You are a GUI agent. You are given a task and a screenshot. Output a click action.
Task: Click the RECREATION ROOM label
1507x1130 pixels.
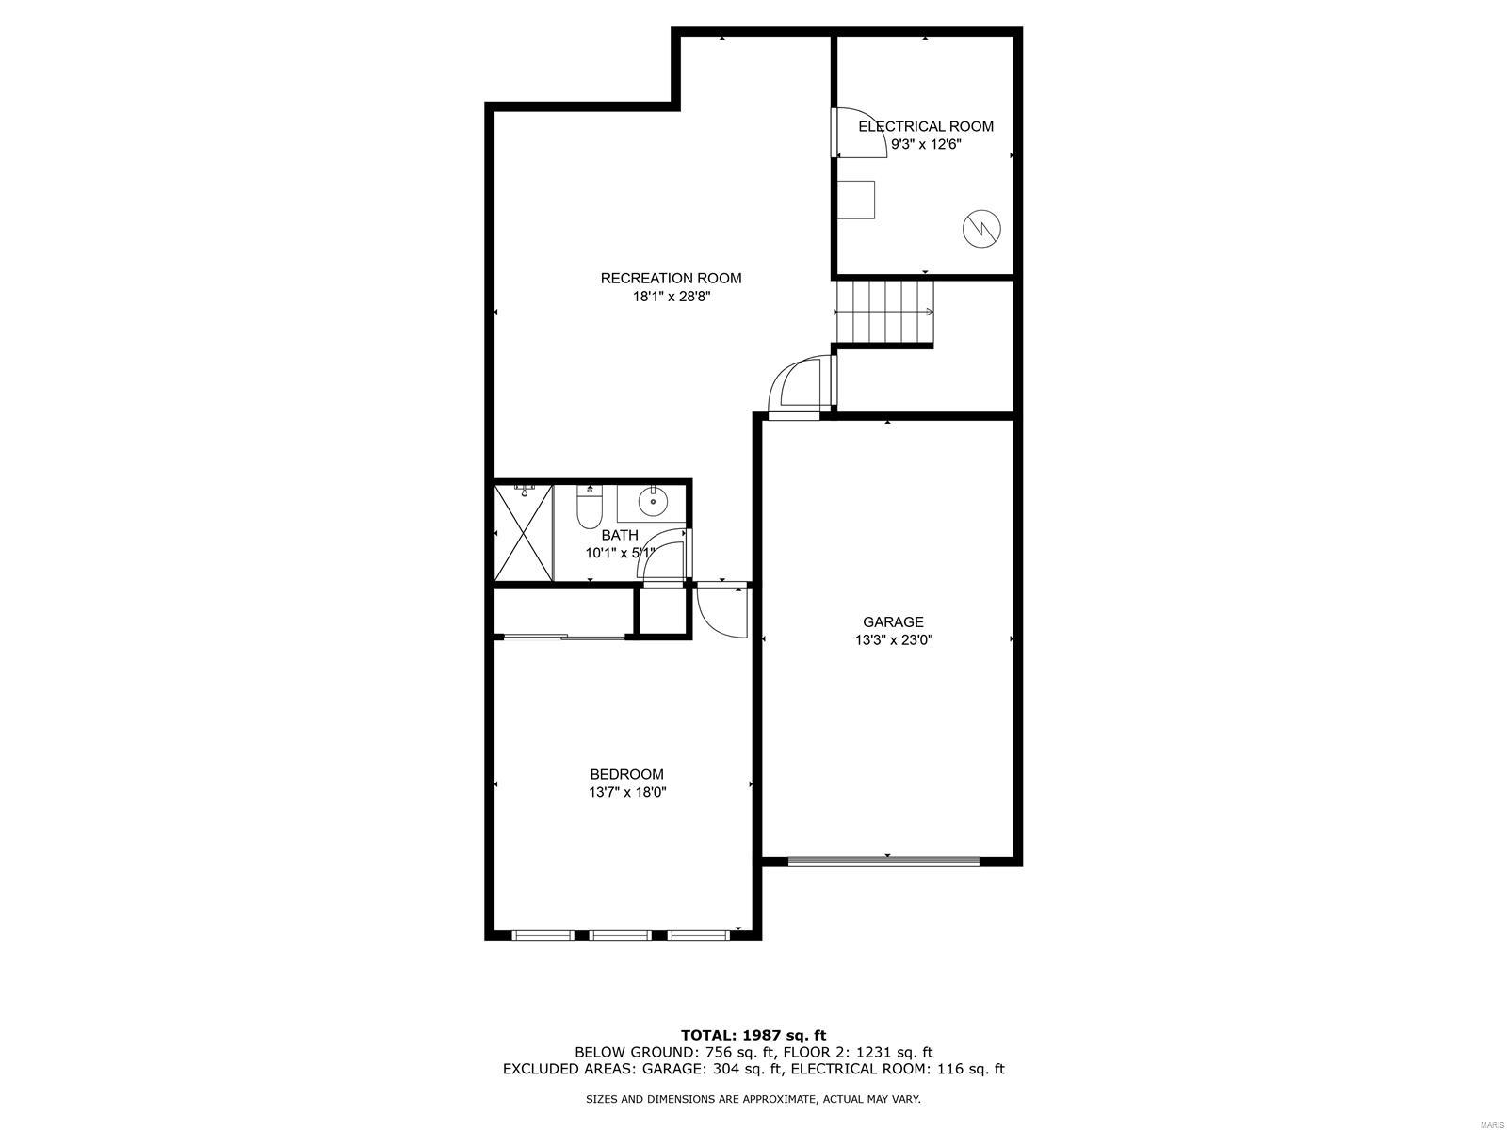670,278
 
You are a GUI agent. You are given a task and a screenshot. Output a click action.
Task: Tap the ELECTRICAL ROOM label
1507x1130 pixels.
926,126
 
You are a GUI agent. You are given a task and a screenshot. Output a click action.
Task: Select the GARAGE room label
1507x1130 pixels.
893,621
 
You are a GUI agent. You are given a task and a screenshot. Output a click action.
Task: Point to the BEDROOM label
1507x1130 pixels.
627,774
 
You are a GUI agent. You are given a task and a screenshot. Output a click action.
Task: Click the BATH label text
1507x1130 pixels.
620,535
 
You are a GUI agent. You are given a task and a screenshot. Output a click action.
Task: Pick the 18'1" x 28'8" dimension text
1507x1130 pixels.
671,297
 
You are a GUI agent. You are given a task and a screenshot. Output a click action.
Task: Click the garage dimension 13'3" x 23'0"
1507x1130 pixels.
893,640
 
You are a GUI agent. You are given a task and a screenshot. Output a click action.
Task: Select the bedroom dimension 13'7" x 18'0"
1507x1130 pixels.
627,793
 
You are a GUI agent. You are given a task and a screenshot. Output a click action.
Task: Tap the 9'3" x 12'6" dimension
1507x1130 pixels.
926,144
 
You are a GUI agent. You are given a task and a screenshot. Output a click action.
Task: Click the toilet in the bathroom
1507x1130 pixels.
589,507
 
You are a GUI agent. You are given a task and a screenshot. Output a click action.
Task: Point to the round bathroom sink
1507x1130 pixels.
652,502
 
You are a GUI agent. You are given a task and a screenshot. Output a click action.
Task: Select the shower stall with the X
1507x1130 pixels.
524,532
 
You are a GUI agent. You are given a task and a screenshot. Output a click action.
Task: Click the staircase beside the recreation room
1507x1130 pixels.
884,313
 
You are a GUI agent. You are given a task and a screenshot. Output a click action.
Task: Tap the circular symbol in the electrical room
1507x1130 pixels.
981,228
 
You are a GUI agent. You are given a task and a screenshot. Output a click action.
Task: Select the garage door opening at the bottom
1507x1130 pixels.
883,861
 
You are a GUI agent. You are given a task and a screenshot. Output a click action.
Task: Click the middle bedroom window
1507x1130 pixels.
621,934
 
